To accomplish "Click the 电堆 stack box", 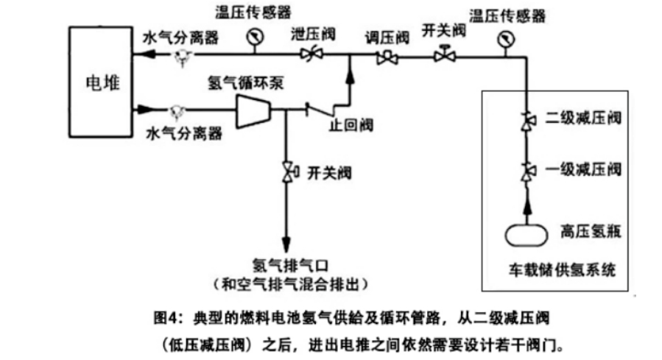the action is coord(101,82).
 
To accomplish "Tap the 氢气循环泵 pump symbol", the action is coord(253,111).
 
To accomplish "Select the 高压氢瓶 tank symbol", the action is coord(526,235).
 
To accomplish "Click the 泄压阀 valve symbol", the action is coord(311,54).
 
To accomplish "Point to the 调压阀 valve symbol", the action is coord(387,58).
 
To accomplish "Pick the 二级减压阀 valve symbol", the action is coord(527,121).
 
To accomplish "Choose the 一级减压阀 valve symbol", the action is coord(527,172).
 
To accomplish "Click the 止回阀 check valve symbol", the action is coord(320,110).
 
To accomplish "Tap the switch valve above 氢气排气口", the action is coord(289,172).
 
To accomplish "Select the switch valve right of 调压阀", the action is coord(444,54).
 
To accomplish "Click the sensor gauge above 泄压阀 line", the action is coord(255,37).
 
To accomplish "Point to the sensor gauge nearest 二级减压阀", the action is coord(506,40).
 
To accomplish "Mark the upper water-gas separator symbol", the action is coord(183,57).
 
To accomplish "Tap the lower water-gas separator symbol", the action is coord(177,112).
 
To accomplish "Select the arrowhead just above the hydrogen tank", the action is coord(527,206).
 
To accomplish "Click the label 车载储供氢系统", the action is coord(562,269).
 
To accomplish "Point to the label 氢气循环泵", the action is coord(245,82).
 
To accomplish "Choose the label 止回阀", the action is coord(351,125).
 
